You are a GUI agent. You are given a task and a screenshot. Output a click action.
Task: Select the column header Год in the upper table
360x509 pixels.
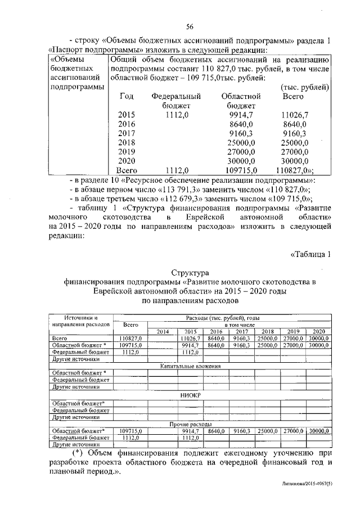(127, 97)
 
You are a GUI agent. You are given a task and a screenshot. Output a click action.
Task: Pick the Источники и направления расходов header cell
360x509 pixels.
(80, 321)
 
